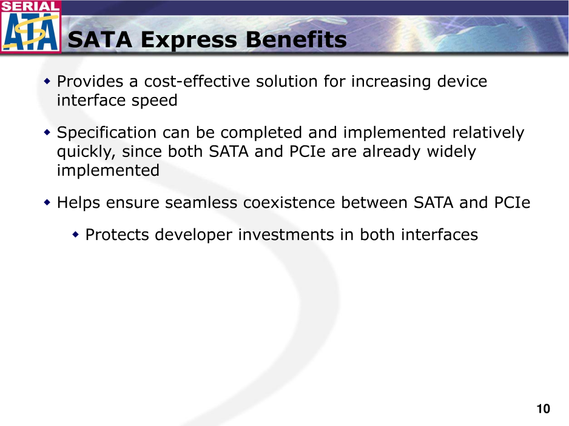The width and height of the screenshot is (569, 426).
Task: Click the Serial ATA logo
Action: pos(30,26)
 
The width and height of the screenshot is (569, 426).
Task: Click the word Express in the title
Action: pos(189,40)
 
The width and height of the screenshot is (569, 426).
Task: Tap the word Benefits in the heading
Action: pos(296,39)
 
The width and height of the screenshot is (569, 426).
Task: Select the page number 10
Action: pos(544,409)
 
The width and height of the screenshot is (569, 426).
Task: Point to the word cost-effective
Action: pos(197,81)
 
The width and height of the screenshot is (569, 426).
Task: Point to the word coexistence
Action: pos(289,202)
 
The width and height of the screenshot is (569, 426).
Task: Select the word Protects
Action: pos(117,235)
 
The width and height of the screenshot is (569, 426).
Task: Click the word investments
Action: pos(286,235)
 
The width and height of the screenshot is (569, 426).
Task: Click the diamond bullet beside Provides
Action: pos(47,81)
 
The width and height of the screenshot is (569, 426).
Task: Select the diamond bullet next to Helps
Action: pos(47,202)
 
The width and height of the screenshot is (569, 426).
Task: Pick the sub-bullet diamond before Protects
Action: pos(75,235)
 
